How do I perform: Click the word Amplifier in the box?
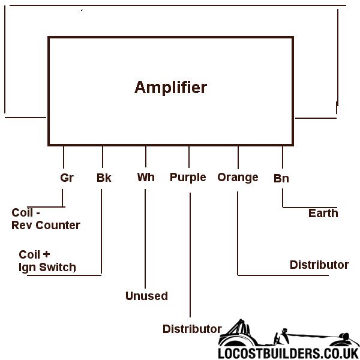click(170, 88)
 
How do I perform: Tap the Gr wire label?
click(67, 178)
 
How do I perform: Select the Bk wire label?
click(104, 178)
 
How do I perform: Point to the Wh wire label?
click(146, 178)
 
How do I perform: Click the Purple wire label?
click(188, 178)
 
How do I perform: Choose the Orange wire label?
click(238, 178)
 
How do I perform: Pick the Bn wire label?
click(281, 178)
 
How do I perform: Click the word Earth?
click(323, 213)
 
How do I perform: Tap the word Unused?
click(146, 296)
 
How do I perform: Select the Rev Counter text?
click(46, 226)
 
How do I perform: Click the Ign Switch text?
click(47, 267)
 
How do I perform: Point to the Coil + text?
click(34, 254)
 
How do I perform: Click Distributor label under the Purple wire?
click(192, 329)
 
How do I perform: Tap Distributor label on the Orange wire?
click(319, 265)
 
